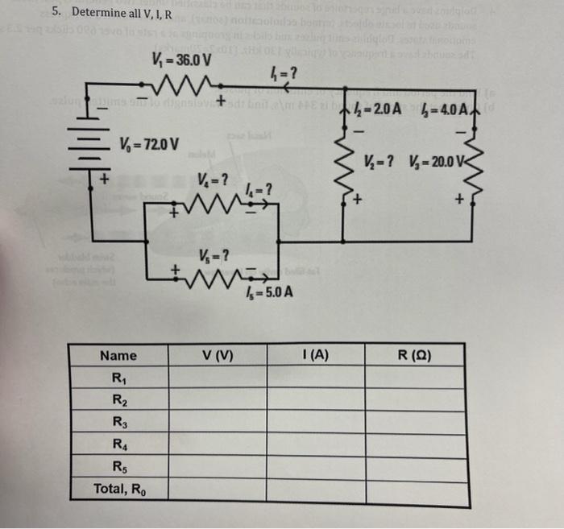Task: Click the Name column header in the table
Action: [x=118, y=355]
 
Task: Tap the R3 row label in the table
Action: [x=120, y=420]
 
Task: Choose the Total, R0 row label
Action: [x=120, y=488]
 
